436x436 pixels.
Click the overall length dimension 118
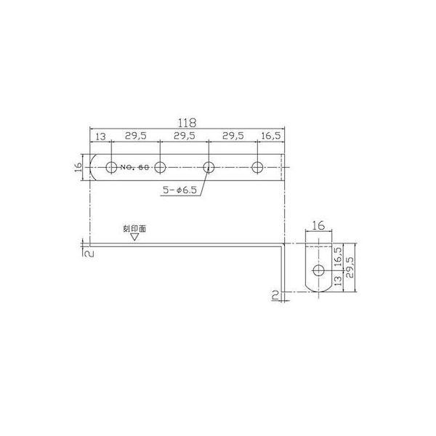point(187,123)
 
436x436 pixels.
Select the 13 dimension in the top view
point(101,137)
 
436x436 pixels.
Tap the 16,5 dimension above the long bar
point(271,136)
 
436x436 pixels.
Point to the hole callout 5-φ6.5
point(179,190)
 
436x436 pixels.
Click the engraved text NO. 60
point(134,167)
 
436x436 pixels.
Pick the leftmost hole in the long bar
point(111,167)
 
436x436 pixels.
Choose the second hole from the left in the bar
point(160,167)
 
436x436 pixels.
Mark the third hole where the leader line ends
point(209,167)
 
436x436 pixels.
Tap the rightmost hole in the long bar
point(257,167)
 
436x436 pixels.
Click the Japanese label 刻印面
point(134,229)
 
